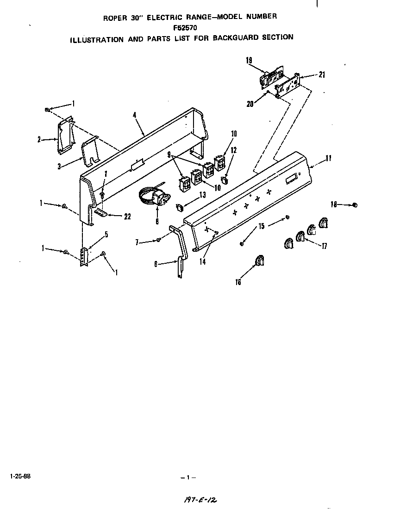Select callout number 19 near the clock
click(249, 60)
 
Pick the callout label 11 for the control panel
click(328, 158)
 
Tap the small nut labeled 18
click(355, 205)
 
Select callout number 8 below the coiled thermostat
click(157, 222)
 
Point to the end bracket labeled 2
click(65, 137)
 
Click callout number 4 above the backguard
click(135, 114)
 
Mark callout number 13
click(202, 195)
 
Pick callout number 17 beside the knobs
click(324, 247)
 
